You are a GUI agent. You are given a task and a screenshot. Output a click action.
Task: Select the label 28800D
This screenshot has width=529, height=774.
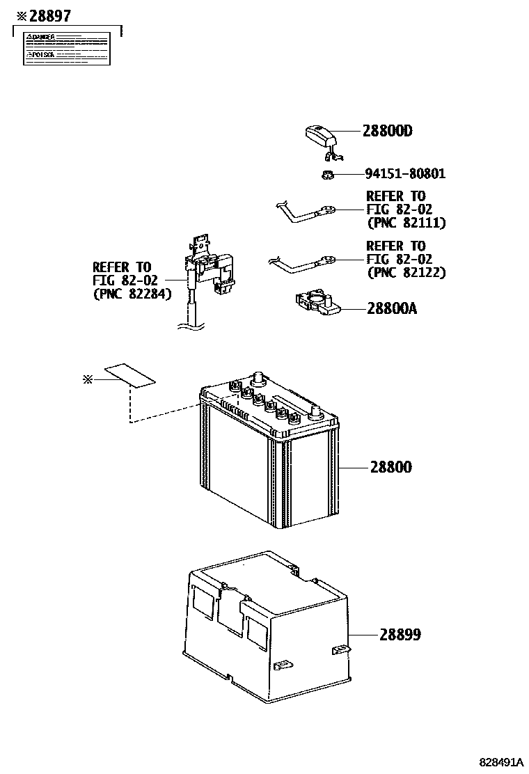tap(387, 131)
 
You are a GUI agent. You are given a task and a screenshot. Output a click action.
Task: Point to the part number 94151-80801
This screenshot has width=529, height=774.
tap(404, 174)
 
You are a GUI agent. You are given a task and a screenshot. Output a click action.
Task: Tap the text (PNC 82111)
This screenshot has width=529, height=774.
tap(405, 223)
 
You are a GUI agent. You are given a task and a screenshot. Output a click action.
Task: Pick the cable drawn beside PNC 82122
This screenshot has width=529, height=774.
tap(303, 263)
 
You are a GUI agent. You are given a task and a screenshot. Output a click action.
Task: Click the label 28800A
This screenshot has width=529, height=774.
tap(391, 308)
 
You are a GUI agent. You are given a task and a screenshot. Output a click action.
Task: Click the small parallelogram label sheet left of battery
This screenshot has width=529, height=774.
tap(129, 375)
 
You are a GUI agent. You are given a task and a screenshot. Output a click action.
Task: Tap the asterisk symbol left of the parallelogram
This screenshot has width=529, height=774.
tap(87, 379)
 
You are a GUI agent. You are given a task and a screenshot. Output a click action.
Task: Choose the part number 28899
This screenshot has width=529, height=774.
tap(400, 635)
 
